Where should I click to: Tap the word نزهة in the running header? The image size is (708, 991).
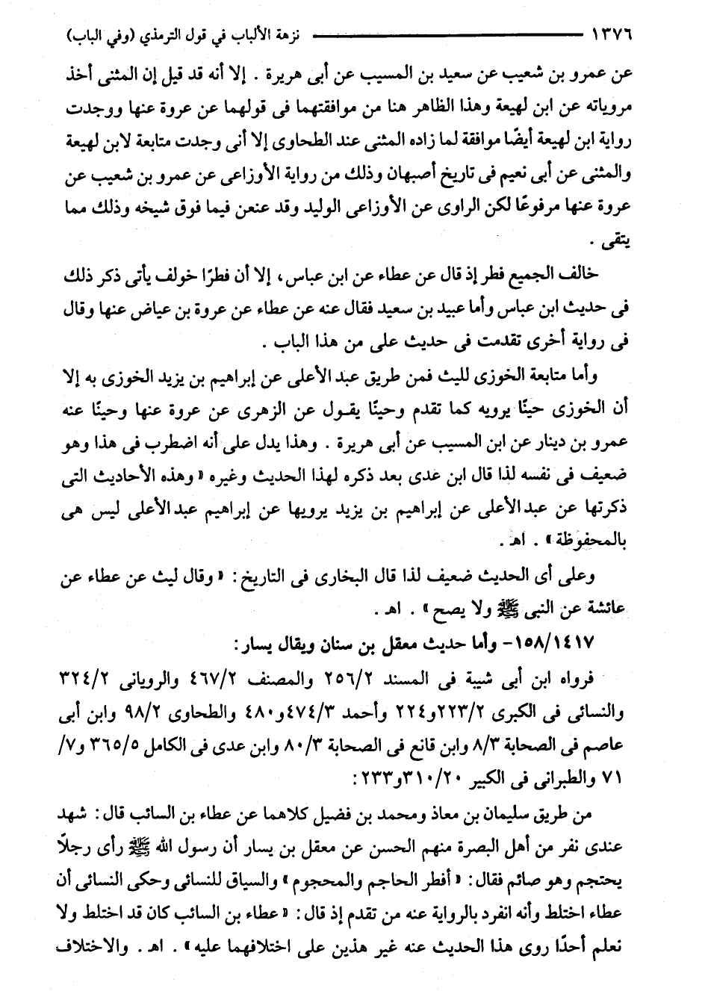(x=285, y=35)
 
